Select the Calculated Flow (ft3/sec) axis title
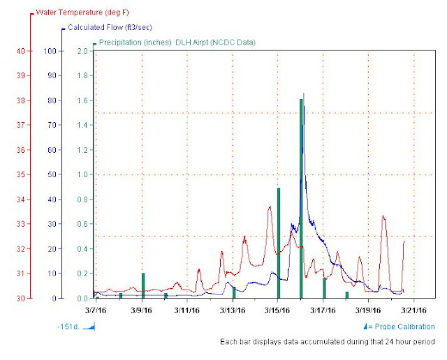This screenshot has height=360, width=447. point(106,28)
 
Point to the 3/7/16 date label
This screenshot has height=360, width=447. point(96,308)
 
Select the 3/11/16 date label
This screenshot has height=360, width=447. point(187,308)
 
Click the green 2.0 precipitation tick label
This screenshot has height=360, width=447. point(82,51)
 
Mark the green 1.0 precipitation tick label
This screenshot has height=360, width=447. point(82,174)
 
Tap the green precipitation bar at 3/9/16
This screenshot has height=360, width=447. point(142,285)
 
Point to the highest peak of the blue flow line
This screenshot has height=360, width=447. point(303,94)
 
